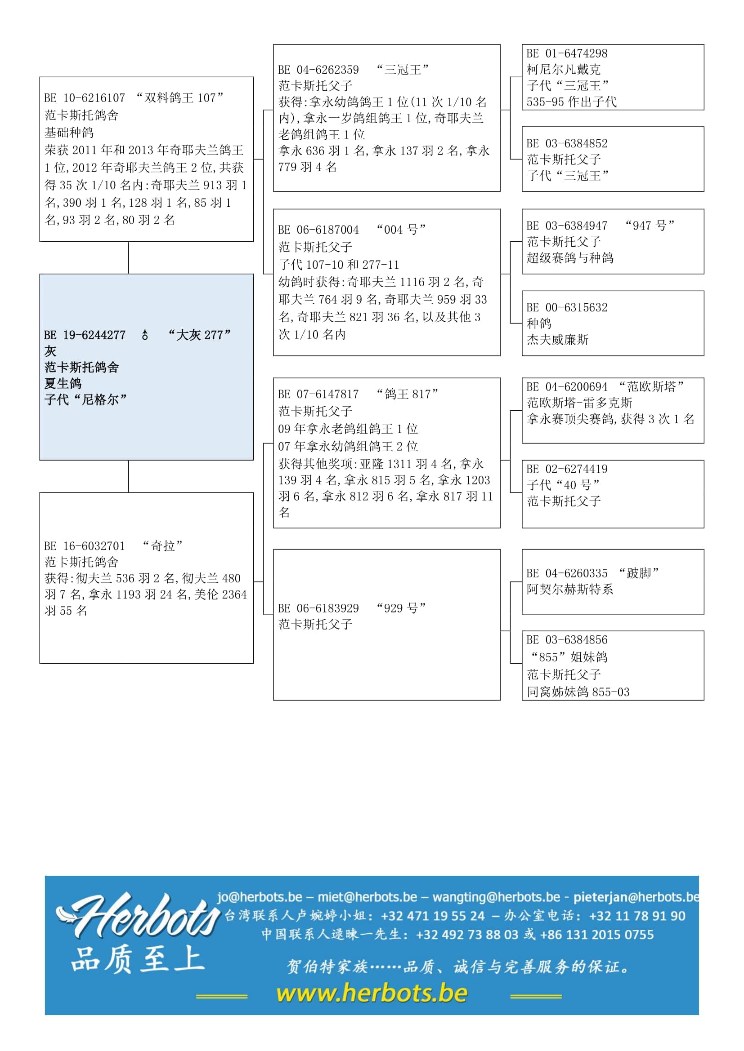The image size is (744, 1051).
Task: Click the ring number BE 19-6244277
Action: pyautogui.click(x=85, y=336)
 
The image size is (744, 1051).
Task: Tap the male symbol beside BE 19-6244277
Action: pyautogui.click(x=145, y=336)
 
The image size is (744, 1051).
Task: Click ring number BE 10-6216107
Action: pyautogui.click(x=85, y=98)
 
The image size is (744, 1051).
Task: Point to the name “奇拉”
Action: pyautogui.click(x=163, y=546)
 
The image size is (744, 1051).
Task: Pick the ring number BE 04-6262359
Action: pyautogui.click(x=318, y=70)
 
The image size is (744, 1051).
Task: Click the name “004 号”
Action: pyautogui.click(x=401, y=230)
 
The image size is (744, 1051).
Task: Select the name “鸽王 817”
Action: pyautogui.click(x=407, y=394)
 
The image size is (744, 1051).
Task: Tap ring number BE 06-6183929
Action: pyautogui.click(x=318, y=608)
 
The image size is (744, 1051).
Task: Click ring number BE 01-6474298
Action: pyautogui.click(x=567, y=53)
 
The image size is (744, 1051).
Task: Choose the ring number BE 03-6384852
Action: pyautogui.click(x=567, y=144)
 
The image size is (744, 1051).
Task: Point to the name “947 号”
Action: pyautogui.click(x=650, y=226)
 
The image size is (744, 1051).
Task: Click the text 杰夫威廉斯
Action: pyautogui.click(x=557, y=340)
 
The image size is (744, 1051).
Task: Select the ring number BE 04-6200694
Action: pyautogui.click(x=567, y=387)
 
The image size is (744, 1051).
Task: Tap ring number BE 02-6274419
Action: pyautogui.click(x=567, y=469)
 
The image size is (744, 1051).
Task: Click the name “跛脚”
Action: pyautogui.click(x=639, y=573)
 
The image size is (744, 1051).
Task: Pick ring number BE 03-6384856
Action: pyautogui.click(x=567, y=640)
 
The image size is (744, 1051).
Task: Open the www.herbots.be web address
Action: pyautogui.click(x=372, y=993)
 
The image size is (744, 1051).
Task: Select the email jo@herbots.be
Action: pyautogui.click(x=260, y=897)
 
